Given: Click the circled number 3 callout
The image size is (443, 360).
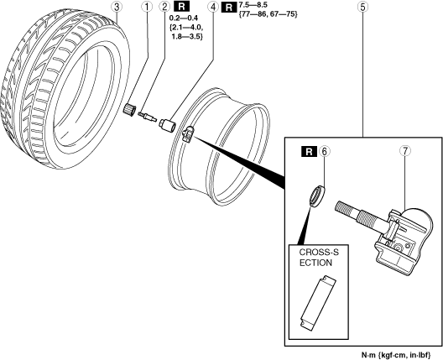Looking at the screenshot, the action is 117,8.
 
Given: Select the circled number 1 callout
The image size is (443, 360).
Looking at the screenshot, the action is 147,8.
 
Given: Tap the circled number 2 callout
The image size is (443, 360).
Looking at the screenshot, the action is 164,7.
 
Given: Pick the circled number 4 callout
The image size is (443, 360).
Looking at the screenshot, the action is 213,8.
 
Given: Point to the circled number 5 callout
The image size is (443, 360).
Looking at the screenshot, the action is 362,8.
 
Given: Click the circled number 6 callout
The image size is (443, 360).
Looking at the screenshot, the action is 325,151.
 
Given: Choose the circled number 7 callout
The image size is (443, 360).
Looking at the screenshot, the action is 405,151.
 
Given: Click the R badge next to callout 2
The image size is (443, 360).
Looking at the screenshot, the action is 182,7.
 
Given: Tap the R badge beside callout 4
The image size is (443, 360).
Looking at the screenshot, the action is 229,8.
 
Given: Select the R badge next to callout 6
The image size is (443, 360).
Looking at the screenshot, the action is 309,151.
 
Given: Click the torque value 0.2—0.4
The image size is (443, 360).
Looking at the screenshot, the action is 184,18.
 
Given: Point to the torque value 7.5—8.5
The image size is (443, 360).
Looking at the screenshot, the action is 253,5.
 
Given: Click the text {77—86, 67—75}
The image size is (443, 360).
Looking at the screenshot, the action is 268,14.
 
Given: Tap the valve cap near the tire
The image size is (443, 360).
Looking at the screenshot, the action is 129,109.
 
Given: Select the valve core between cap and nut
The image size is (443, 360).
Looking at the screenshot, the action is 147,117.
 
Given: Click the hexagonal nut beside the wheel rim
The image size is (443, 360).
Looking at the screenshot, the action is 167,124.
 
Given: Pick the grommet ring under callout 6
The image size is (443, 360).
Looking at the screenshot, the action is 317,196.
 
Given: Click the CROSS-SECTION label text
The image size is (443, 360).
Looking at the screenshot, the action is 319,258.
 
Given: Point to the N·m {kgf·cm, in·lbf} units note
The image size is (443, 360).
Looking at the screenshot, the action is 396,354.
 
